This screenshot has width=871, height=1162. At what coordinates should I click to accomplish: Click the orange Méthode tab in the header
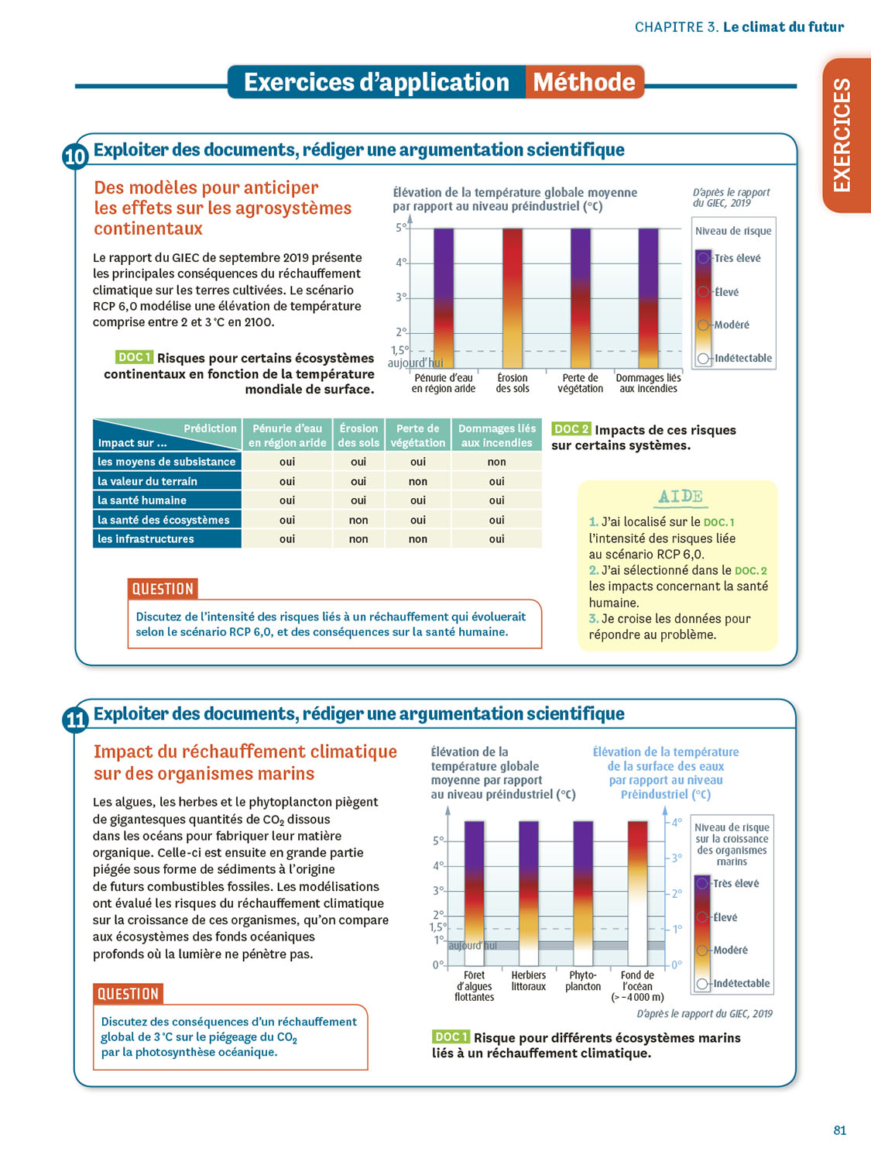click(x=585, y=82)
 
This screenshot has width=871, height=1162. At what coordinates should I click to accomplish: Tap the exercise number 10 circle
click(x=75, y=156)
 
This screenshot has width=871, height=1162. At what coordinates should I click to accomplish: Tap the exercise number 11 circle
click(x=75, y=720)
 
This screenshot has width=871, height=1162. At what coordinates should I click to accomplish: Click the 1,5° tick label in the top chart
click(x=399, y=350)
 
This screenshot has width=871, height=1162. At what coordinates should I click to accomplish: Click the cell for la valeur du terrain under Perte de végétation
click(x=418, y=481)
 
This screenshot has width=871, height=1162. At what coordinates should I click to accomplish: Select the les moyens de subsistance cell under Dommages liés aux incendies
click(x=496, y=462)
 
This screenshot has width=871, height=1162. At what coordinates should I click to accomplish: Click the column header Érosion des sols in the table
click(x=358, y=435)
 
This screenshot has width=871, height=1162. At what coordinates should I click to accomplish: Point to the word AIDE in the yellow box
click(x=681, y=497)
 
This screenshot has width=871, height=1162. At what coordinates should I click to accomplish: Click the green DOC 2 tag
click(x=571, y=429)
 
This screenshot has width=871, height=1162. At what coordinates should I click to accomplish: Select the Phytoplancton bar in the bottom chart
click(x=583, y=892)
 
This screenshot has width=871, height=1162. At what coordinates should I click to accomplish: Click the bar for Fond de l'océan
click(x=637, y=892)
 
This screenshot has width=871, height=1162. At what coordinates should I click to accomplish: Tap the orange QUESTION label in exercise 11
click(x=128, y=994)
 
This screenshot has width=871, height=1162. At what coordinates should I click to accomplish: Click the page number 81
click(x=840, y=1130)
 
